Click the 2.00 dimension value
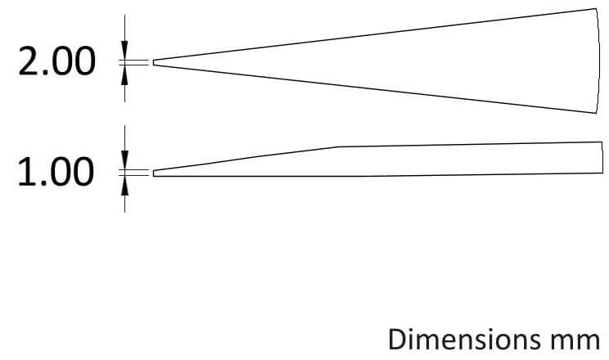[56, 61]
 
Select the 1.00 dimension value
[56, 172]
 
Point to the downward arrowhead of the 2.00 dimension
[124, 51]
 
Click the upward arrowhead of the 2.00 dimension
[124, 74]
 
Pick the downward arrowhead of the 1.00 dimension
[124, 160]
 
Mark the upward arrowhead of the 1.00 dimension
[124, 185]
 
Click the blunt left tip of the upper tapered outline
[153, 62]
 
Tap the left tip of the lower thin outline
[153, 173]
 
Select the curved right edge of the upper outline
[598, 61]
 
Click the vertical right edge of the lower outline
[602, 157]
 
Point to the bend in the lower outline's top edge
[339, 146]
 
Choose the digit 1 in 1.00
[27, 172]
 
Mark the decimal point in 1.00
[44, 183]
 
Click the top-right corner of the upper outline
[596, 8]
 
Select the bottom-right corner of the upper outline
[596, 113]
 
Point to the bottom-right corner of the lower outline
[602, 173]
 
